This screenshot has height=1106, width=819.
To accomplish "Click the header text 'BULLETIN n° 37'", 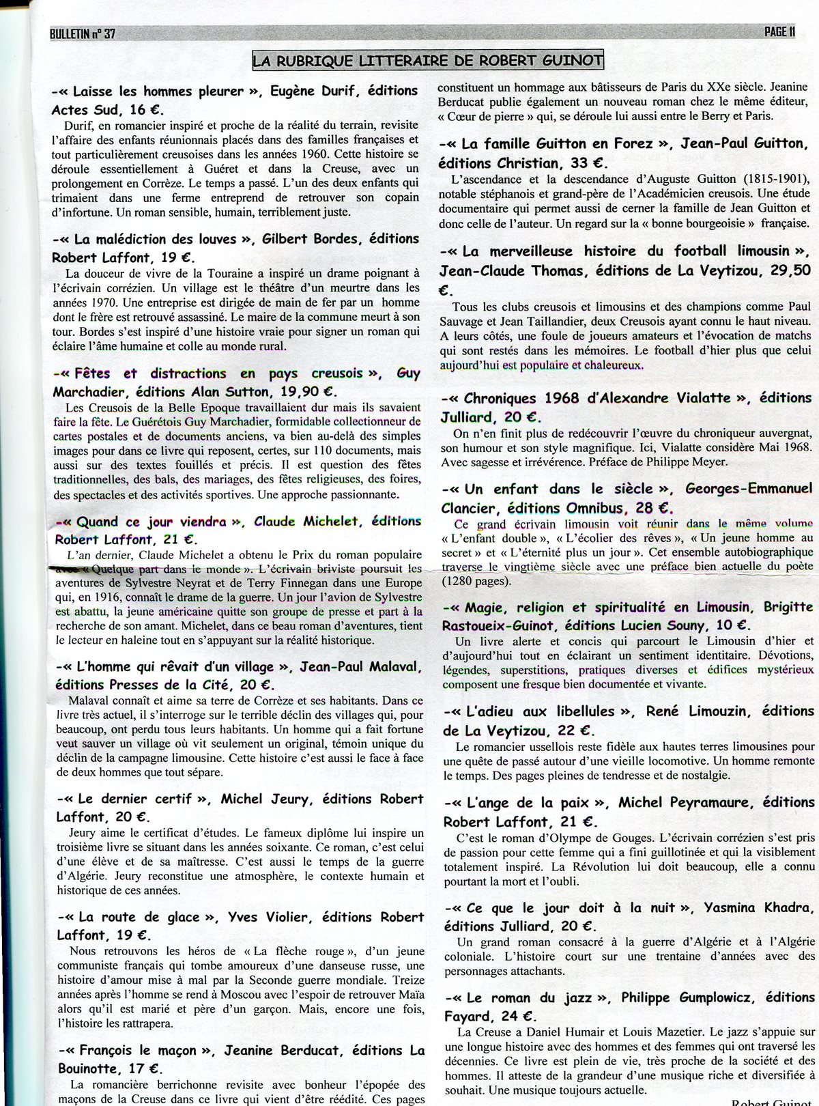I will tap(83, 33).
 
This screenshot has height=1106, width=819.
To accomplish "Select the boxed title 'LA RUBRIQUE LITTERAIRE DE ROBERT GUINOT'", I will tap(428, 61).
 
